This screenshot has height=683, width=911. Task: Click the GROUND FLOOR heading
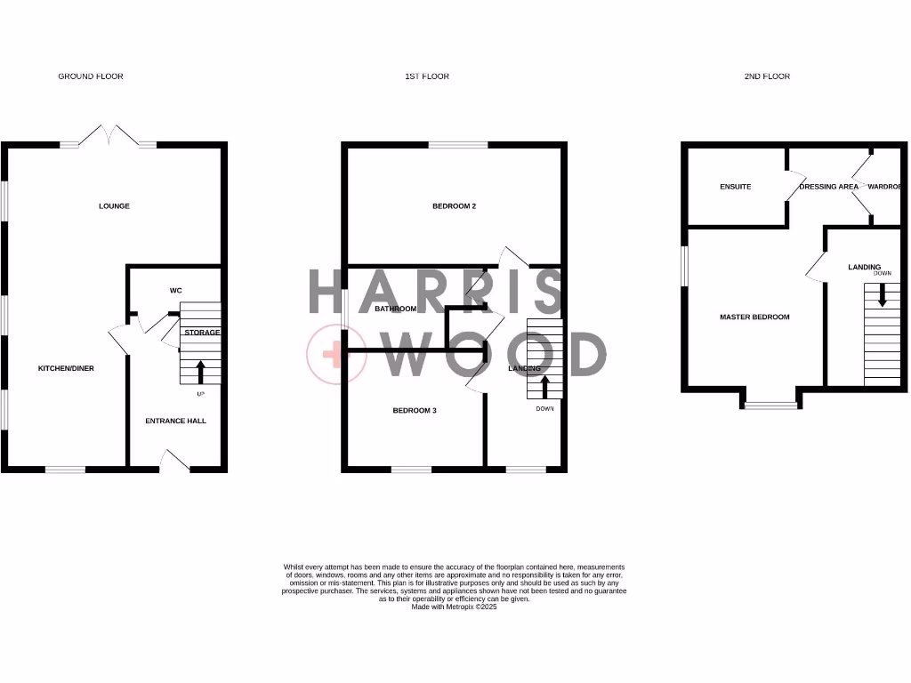coord(91,76)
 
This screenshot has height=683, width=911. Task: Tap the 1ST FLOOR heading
coord(427,76)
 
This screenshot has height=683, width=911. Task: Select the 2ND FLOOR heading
coord(767,76)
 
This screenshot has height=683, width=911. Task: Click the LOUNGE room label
coord(114,206)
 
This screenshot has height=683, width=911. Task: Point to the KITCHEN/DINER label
coord(66,368)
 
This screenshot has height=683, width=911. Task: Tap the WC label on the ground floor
coord(175,291)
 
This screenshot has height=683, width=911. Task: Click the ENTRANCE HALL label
coord(175,421)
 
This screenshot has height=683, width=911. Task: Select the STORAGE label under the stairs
coord(202,333)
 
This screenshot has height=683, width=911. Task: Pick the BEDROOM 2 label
coord(455,206)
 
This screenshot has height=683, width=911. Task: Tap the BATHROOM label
coord(395,309)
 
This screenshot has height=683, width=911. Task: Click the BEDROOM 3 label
coord(415,411)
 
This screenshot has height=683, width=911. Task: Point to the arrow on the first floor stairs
coord(544,387)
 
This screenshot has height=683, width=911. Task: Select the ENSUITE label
coord(736,187)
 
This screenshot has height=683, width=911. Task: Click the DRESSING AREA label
coord(829,187)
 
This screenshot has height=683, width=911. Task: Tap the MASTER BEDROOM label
coord(754,317)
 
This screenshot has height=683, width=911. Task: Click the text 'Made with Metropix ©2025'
coord(455,607)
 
